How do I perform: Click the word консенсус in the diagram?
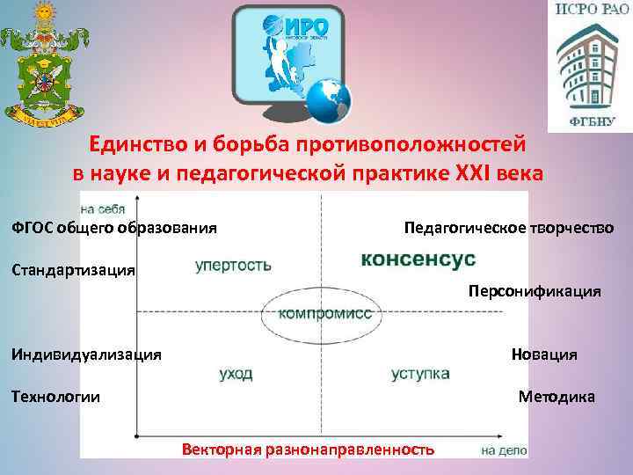pyautogui.click(x=418, y=259)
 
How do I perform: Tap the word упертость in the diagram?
pyautogui.click(x=233, y=264)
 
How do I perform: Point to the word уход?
pyautogui.click(x=236, y=374)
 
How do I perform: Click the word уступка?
pyautogui.click(x=420, y=374)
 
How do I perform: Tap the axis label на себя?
pyautogui.click(x=102, y=209)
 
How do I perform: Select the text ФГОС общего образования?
pyautogui.click(x=114, y=229)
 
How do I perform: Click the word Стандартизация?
pyautogui.click(x=73, y=270)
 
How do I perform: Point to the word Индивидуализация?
pyautogui.click(x=86, y=354)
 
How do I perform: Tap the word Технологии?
pyautogui.click(x=55, y=397)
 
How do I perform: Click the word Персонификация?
pyautogui.click(x=535, y=291)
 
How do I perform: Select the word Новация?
pyautogui.click(x=544, y=354)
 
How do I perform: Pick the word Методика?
pyautogui.click(x=557, y=397)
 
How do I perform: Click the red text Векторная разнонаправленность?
pyautogui.click(x=308, y=449)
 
